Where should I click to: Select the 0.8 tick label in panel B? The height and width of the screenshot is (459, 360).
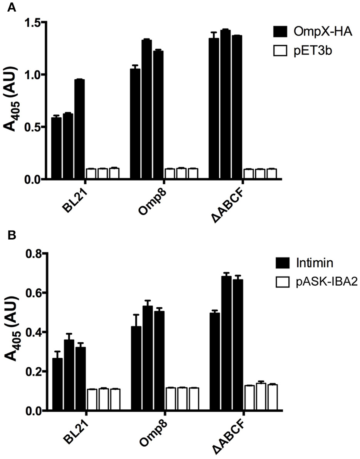(34, 254)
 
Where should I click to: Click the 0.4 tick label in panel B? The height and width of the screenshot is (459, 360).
(34, 332)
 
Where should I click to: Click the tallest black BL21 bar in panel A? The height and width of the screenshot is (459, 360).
(79, 129)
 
